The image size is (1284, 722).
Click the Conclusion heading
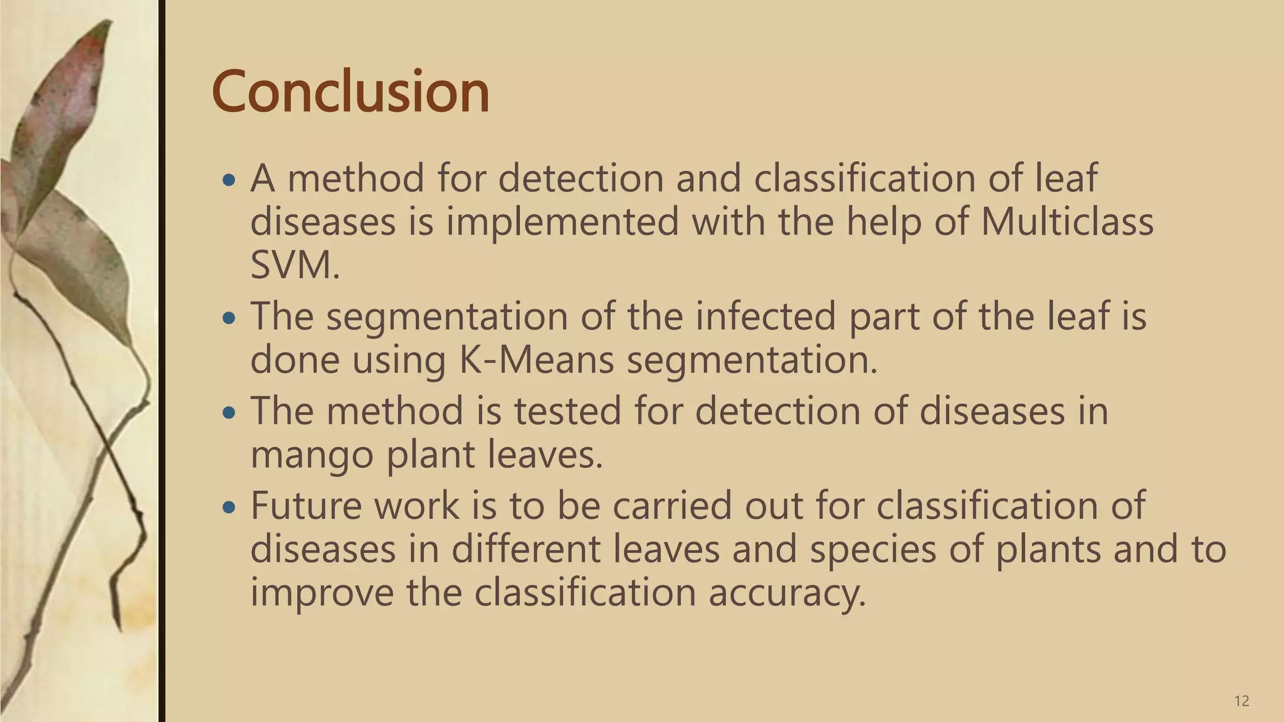point(350,92)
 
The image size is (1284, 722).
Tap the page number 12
point(1241,701)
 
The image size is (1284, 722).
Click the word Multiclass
point(1066,222)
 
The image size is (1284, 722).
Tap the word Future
point(306,505)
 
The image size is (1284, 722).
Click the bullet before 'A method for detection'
point(229,181)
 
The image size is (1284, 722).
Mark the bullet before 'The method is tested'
point(229,413)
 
